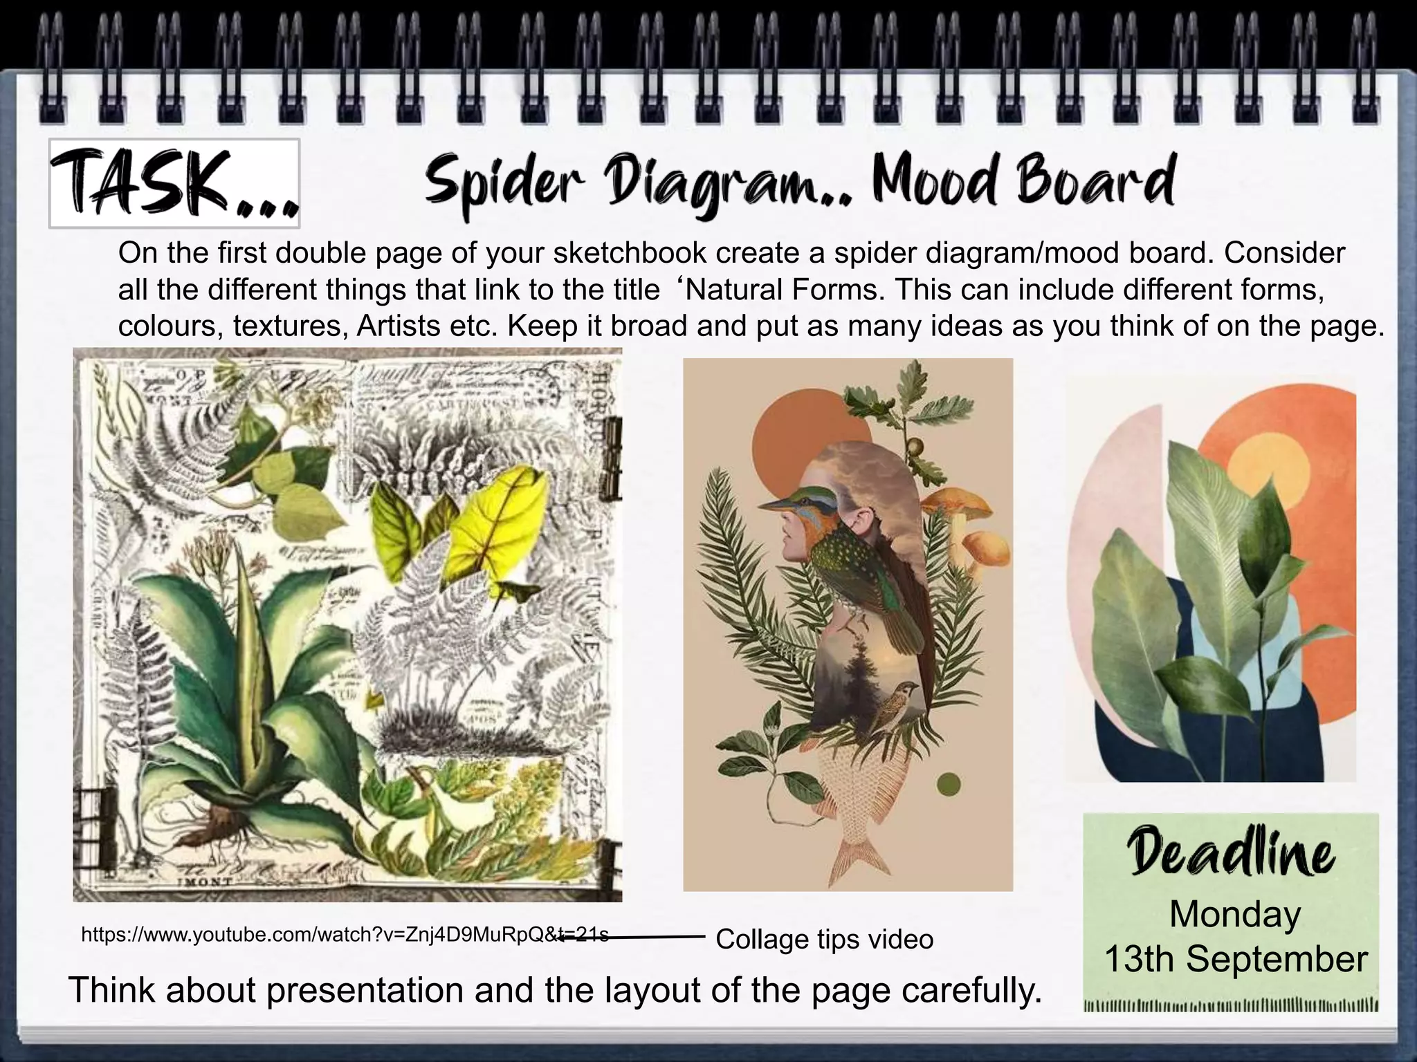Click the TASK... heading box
174,183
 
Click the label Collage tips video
824,939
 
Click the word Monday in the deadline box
1235,914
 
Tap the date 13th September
1236,959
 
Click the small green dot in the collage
948,784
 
